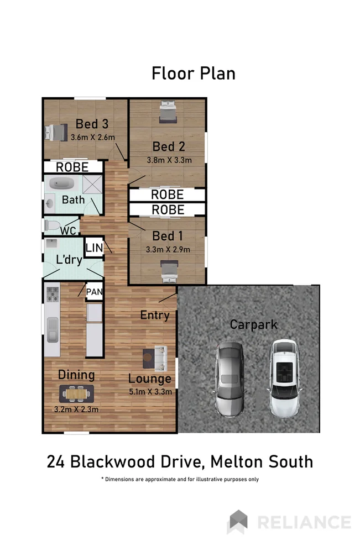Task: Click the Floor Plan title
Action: [x=194, y=73]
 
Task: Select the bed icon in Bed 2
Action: [x=168, y=112]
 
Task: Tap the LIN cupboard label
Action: [x=94, y=248]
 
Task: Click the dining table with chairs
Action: [x=77, y=393]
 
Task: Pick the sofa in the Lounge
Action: [x=160, y=358]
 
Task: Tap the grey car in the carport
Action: [x=229, y=379]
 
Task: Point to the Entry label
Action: [x=155, y=315]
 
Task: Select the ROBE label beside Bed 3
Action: [x=72, y=167]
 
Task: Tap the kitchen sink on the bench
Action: [x=52, y=329]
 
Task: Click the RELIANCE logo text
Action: [x=304, y=522]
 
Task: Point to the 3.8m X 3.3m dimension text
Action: [x=169, y=160]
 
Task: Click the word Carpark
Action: [x=253, y=324]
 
